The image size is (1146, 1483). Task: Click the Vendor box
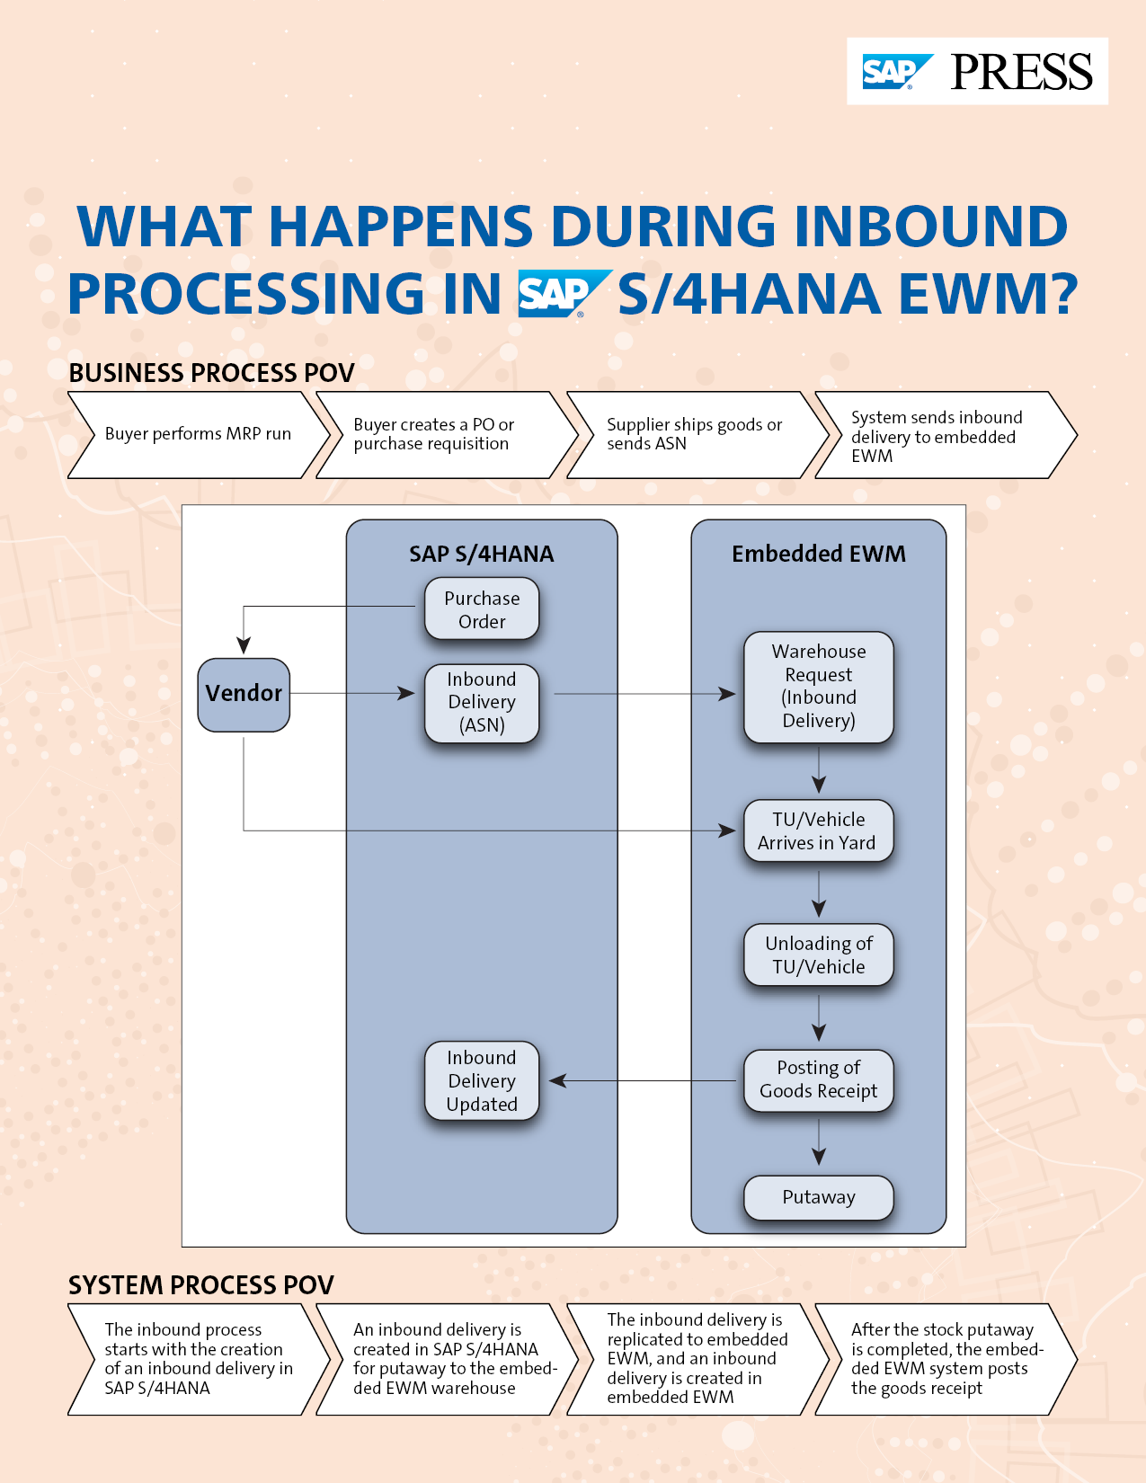click(244, 694)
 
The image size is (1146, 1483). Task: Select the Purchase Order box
click(482, 609)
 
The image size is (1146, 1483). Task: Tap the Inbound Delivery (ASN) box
click(482, 703)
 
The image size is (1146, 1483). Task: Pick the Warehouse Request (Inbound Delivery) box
click(819, 687)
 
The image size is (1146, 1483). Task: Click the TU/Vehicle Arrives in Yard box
click(818, 831)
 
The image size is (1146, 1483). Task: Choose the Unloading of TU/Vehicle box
click(818, 955)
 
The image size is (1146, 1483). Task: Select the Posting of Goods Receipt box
click(818, 1079)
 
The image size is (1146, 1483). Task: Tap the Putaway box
click(818, 1197)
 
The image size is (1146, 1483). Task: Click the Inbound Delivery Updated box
click(482, 1080)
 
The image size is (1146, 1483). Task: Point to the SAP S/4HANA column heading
click(482, 554)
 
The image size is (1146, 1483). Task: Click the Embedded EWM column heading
click(818, 554)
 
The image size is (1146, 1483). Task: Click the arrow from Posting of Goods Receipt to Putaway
click(819, 1144)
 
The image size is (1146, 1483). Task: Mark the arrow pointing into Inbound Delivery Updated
click(644, 1080)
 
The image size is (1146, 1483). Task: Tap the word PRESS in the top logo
click(1021, 72)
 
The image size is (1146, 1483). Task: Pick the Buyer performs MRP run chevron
click(198, 434)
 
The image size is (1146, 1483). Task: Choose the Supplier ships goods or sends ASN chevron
click(695, 434)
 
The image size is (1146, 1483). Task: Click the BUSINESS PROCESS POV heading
click(212, 373)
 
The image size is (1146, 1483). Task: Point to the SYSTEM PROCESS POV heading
click(201, 1285)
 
